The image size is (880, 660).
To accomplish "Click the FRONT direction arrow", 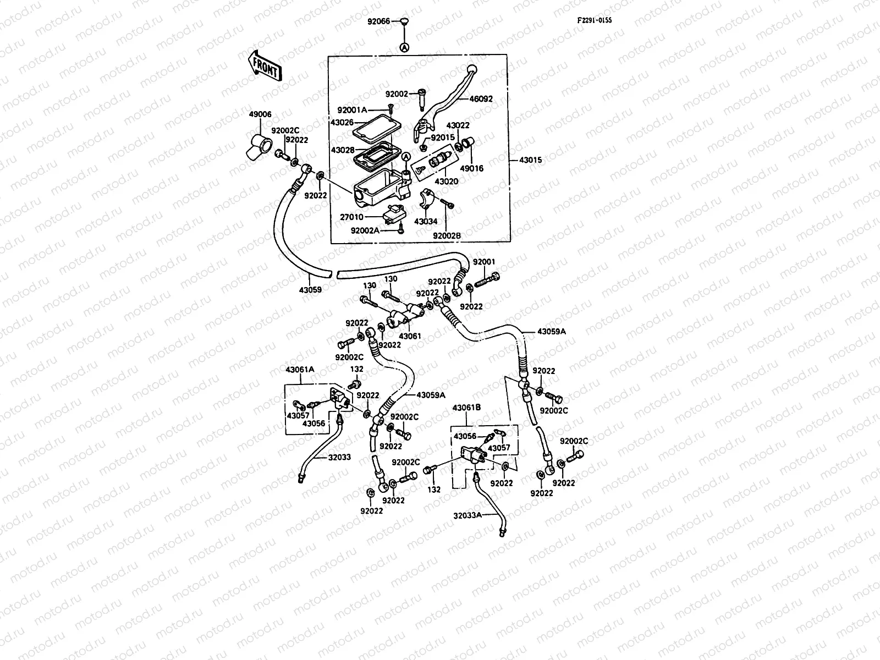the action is click(x=265, y=66).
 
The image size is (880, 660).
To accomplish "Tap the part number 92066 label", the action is click(x=378, y=21).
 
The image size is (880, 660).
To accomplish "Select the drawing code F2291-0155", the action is click(x=595, y=20).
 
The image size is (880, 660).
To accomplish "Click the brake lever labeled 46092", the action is click(x=444, y=103).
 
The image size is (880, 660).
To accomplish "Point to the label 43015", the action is click(x=530, y=160).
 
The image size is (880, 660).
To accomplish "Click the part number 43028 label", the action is click(x=343, y=150).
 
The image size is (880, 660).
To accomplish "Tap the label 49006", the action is click(x=260, y=114).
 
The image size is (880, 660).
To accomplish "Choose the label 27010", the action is click(x=351, y=217).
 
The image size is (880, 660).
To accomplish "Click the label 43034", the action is click(x=426, y=222).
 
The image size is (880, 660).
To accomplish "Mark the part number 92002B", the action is click(x=447, y=236).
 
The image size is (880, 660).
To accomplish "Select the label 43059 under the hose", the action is click(x=310, y=289).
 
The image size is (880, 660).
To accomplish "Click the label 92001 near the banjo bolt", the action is click(x=484, y=262).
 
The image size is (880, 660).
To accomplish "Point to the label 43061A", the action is click(x=300, y=370).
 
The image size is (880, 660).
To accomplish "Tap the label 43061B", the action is click(x=466, y=408).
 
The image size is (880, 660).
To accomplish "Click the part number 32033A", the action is click(x=468, y=515).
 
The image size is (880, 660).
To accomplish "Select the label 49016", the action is click(x=471, y=169).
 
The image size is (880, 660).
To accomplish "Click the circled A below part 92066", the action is click(x=404, y=47).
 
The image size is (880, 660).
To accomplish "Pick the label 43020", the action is click(x=446, y=182).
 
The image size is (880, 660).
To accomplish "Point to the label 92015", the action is click(x=443, y=137).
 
